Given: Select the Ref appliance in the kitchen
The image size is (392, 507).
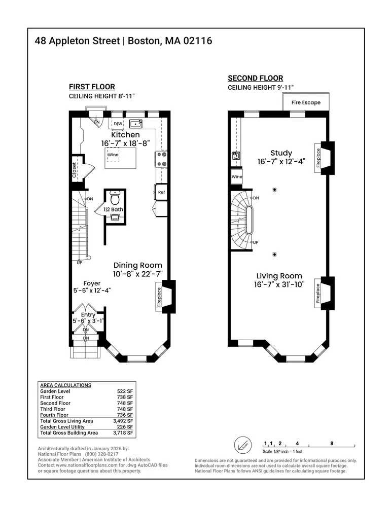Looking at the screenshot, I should (x=161, y=193).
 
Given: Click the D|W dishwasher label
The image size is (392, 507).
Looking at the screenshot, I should (x=118, y=124).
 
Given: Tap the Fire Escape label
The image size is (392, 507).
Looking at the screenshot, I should (x=306, y=102).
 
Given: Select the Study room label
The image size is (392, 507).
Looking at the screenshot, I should (x=281, y=153).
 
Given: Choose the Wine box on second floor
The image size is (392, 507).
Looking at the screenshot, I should (x=237, y=177).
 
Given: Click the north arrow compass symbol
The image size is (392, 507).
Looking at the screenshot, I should (x=242, y=446).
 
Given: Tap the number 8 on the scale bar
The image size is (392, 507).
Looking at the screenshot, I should (x=332, y=443).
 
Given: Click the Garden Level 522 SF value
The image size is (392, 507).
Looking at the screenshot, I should (x=125, y=391).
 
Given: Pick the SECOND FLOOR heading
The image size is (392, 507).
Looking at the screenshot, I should (x=255, y=78).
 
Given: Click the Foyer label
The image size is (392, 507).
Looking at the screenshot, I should (x=92, y=283).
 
